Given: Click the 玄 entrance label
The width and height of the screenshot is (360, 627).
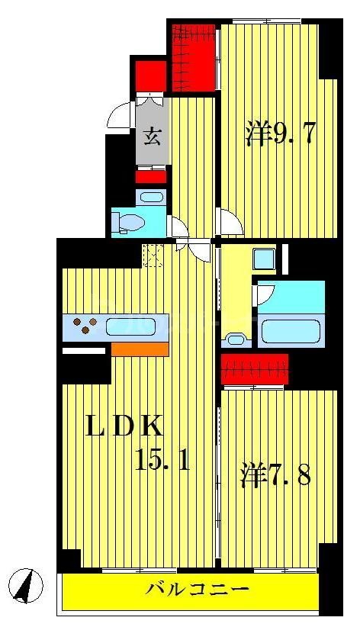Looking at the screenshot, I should (153, 137).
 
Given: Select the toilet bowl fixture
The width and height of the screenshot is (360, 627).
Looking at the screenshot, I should (130, 223).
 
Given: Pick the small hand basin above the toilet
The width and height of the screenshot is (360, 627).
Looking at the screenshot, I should (151, 198).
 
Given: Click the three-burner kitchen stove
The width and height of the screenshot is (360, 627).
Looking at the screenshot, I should (85, 327).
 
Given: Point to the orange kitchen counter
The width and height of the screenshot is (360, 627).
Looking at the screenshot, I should (139, 349).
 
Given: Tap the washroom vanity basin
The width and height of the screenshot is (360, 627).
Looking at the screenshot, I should (237, 336).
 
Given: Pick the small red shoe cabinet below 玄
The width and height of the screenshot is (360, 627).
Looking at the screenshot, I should (151, 177).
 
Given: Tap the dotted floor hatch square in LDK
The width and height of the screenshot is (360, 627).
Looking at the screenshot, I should (153, 255).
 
